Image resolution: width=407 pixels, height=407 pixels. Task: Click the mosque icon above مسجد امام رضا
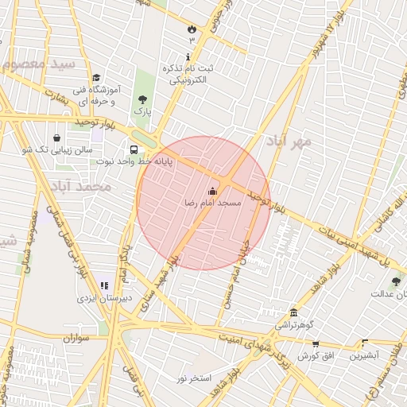pos(211,191)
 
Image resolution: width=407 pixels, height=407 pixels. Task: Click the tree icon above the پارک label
pos(142,99)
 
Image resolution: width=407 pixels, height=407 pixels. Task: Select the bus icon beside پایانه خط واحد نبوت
pos(134,149)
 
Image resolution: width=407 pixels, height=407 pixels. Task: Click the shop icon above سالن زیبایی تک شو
pos(56,138)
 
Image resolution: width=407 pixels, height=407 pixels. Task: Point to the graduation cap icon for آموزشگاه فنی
pos(96,78)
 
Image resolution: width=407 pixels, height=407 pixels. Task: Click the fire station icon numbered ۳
pos(192,29)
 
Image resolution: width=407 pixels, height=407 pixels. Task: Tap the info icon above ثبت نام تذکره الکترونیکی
pos(188,57)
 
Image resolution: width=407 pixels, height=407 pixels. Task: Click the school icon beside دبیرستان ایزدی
pos(103,285)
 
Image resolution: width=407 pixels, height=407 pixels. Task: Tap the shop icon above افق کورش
pos(316,343)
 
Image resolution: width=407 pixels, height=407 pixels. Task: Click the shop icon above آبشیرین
pos(365,343)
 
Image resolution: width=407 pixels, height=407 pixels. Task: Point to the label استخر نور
pos(194,378)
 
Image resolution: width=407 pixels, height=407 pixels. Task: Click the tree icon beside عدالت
pos(396,281)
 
